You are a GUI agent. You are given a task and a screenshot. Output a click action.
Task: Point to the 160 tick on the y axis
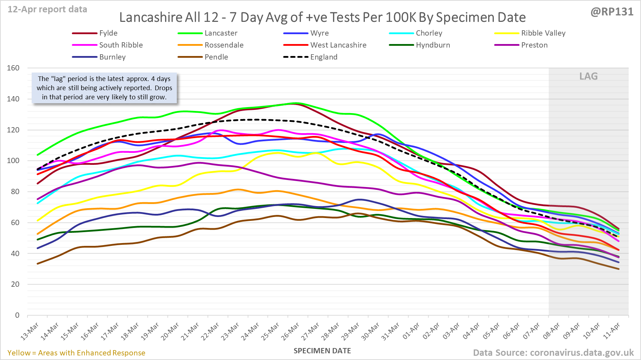pos(13,68)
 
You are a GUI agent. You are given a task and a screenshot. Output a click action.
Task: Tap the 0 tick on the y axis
pos(17,315)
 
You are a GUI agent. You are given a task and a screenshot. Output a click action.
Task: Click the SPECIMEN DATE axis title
pos(322,351)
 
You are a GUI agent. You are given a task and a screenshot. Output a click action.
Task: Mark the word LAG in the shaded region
pos(589,76)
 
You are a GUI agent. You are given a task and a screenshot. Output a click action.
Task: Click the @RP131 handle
pos(612,12)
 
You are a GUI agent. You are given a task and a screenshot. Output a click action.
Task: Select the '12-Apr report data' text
pos(47,10)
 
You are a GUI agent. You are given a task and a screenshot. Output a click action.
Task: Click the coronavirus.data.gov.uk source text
pos(581,353)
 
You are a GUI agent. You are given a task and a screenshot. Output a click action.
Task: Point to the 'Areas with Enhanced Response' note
pos(92,353)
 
